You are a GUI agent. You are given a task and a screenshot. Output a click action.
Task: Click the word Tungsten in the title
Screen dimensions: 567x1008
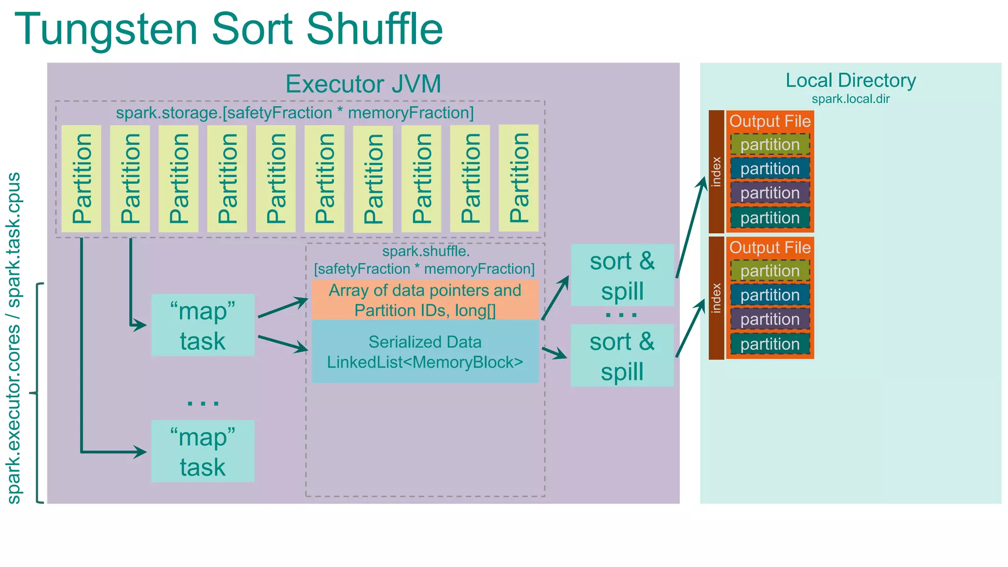pyautogui.click(x=106, y=30)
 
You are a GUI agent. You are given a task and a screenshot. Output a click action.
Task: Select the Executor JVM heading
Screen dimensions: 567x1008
pyautogui.click(x=363, y=84)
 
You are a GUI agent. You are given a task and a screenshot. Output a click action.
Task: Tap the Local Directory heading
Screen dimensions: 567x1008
pyautogui.click(x=850, y=81)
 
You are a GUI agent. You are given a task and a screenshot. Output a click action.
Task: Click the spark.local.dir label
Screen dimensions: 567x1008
pyautogui.click(x=850, y=99)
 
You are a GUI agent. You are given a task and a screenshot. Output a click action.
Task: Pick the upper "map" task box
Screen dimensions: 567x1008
pyautogui.click(x=203, y=325)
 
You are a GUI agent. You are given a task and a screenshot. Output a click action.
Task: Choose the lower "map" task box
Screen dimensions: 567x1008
pyautogui.click(x=203, y=451)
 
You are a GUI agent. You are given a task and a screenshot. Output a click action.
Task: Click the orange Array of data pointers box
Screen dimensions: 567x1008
pyautogui.click(x=425, y=300)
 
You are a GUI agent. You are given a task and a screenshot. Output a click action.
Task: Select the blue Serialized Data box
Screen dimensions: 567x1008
pyautogui.click(x=425, y=352)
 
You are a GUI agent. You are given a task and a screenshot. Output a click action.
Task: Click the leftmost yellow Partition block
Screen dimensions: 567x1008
pyautogui.click(x=81, y=179)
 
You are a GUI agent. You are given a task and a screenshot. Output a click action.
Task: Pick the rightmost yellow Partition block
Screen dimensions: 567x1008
pyautogui.click(x=518, y=178)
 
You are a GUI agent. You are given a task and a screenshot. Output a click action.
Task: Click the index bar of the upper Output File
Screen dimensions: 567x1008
pyautogui.click(x=716, y=172)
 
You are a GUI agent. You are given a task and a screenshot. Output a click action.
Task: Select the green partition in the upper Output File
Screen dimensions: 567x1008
pyautogui.click(x=770, y=145)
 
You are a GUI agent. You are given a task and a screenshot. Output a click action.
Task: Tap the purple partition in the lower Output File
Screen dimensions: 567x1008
pyautogui.click(x=770, y=319)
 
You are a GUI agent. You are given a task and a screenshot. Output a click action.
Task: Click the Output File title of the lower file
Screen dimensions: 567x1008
pyautogui.click(x=770, y=248)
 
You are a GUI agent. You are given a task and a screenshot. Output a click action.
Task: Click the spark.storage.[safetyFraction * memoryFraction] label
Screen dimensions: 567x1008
pyautogui.click(x=294, y=113)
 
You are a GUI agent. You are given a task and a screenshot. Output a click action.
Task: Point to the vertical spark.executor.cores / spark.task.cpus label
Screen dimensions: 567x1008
pyautogui.click(x=14, y=338)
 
